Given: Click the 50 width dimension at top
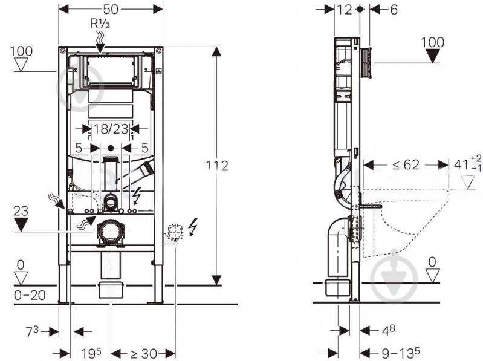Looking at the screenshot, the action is click(x=111, y=9).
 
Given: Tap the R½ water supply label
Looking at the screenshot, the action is click(x=100, y=24).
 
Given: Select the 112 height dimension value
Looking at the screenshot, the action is click(x=217, y=166).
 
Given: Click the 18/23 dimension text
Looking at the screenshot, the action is click(x=111, y=129).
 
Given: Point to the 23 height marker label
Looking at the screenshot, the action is click(x=21, y=211).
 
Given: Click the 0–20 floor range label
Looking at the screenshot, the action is click(x=30, y=296).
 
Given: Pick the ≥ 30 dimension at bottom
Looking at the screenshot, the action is click(x=143, y=353).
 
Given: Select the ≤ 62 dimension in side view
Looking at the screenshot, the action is click(x=406, y=165).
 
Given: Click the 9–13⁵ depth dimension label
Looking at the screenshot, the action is click(x=400, y=352).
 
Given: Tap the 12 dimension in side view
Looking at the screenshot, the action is click(x=344, y=10).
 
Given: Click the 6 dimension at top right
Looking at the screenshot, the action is click(x=394, y=10).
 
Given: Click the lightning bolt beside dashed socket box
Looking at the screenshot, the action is click(x=193, y=227).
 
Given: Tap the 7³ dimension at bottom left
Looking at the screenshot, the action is click(x=33, y=331).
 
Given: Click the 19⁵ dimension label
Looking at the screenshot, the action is click(x=91, y=353).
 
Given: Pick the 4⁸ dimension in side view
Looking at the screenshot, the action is click(x=389, y=330).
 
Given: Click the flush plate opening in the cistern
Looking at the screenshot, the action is click(x=110, y=70).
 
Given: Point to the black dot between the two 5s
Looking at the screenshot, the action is click(x=111, y=148).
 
